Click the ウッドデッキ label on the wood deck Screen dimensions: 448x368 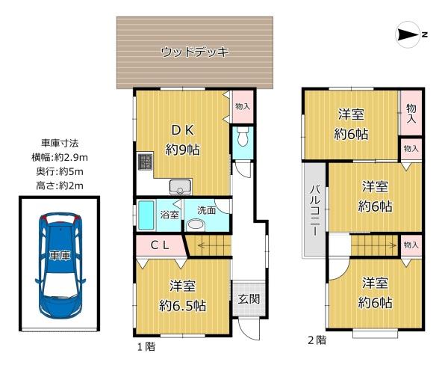coord(195,52)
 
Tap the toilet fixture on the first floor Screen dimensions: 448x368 coord(243,136)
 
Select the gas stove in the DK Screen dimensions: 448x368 coord(146,162)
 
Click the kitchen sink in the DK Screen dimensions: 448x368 coord(180,187)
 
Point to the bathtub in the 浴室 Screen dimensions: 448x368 coord(146,215)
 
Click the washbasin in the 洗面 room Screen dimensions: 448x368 coord(196,225)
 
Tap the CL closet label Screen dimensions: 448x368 coord(160,245)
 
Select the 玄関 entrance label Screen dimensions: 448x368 coord(249,299)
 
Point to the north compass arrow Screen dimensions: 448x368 coord(408,35)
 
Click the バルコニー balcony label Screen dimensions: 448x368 coord(315,210)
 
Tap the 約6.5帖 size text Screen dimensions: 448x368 coord(183,306)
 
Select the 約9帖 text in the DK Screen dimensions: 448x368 coord(183,150)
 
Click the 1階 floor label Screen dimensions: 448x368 coord(146,347)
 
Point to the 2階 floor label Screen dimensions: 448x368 coord(317,340)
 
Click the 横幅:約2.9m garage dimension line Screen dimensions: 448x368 coord(60,157)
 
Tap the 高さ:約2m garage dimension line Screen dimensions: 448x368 coord(60,186)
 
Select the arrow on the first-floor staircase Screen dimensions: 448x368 coord(213,245)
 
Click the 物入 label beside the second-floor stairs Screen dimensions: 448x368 coord(411,245)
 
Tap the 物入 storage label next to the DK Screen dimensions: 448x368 coord(243,107)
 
